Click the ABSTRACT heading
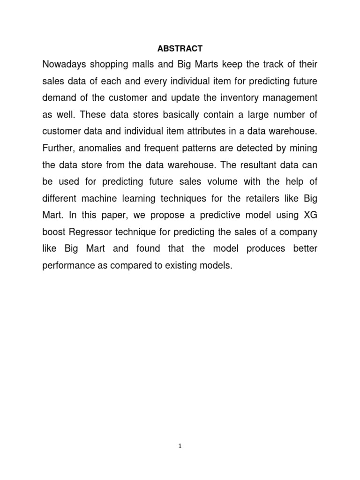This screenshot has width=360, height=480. click(180, 48)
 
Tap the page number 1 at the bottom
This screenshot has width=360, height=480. click(180, 447)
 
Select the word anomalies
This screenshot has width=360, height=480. click(100, 149)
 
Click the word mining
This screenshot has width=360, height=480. click(303, 149)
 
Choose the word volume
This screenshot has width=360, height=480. click(208, 182)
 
